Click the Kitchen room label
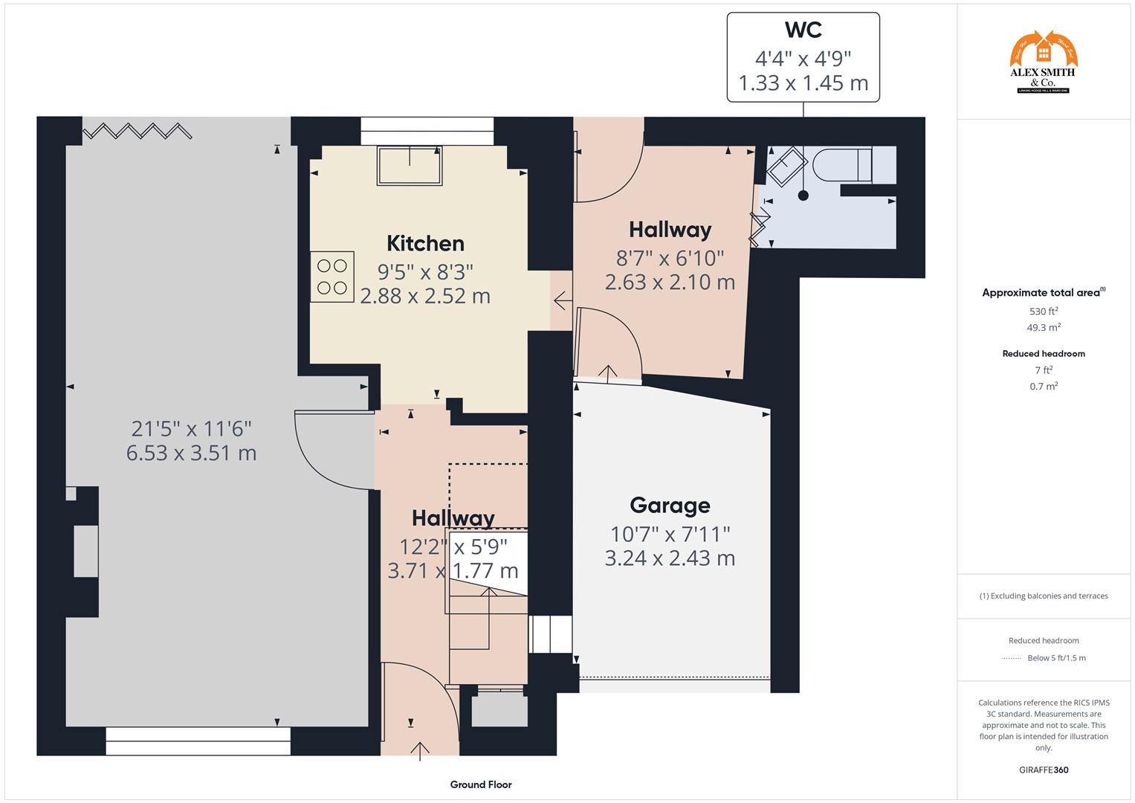pyautogui.click(x=425, y=243)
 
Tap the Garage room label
pyautogui.click(x=670, y=506)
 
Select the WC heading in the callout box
pyautogui.click(x=803, y=30)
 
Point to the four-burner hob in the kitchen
pyautogui.click(x=332, y=277)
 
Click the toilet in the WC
pyautogui.click(x=844, y=164)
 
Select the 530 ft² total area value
pyautogui.click(x=1044, y=312)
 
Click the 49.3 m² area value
pyautogui.click(x=1044, y=327)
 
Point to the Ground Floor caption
pyautogui.click(x=481, y=784)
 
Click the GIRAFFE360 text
pyautogui.click(x=1044, y=770)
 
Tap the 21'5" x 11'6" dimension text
pyautogui.click(x=192, y=428)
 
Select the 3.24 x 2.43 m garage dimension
pyautogui.click(x=670, y=558)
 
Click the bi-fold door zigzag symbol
pyautogui.click(x=137, y=132)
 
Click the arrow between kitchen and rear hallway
pyautogui.click(x=562, y=301)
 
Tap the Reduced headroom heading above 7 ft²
pyautogui.click(x=1044, y=354)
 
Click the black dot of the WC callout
pyautogui.click(x=803, y=196)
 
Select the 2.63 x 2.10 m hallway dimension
pyautogui.click(x=670, y=283)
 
